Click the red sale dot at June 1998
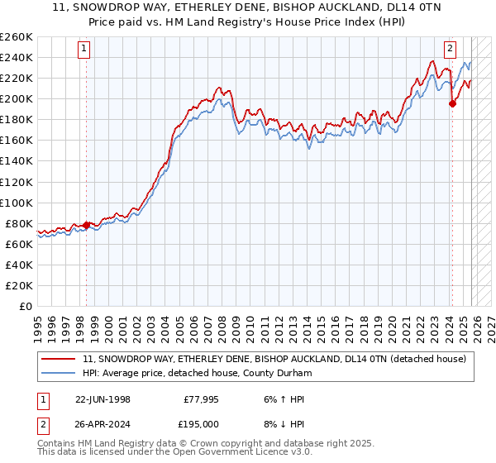[87, 225]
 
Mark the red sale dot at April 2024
[452, 103]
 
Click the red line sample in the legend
[59, 359]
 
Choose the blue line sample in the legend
[59, 374]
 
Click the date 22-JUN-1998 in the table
[103, 399]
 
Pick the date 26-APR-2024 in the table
[103, 423]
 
